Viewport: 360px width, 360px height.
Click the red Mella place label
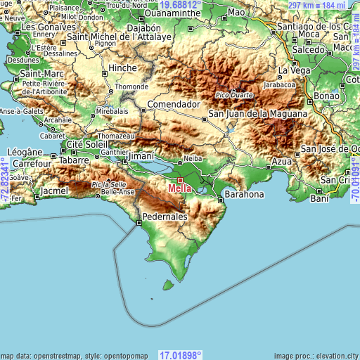180,188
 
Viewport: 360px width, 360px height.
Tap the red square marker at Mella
179,180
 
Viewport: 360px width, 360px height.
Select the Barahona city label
244,194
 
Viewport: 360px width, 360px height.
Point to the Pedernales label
165,217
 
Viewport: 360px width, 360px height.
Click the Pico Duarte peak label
234,94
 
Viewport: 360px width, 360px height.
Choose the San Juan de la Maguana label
257,113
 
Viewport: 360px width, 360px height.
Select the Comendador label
170,103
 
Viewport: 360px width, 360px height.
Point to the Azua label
281,162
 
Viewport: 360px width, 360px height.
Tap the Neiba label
192,158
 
